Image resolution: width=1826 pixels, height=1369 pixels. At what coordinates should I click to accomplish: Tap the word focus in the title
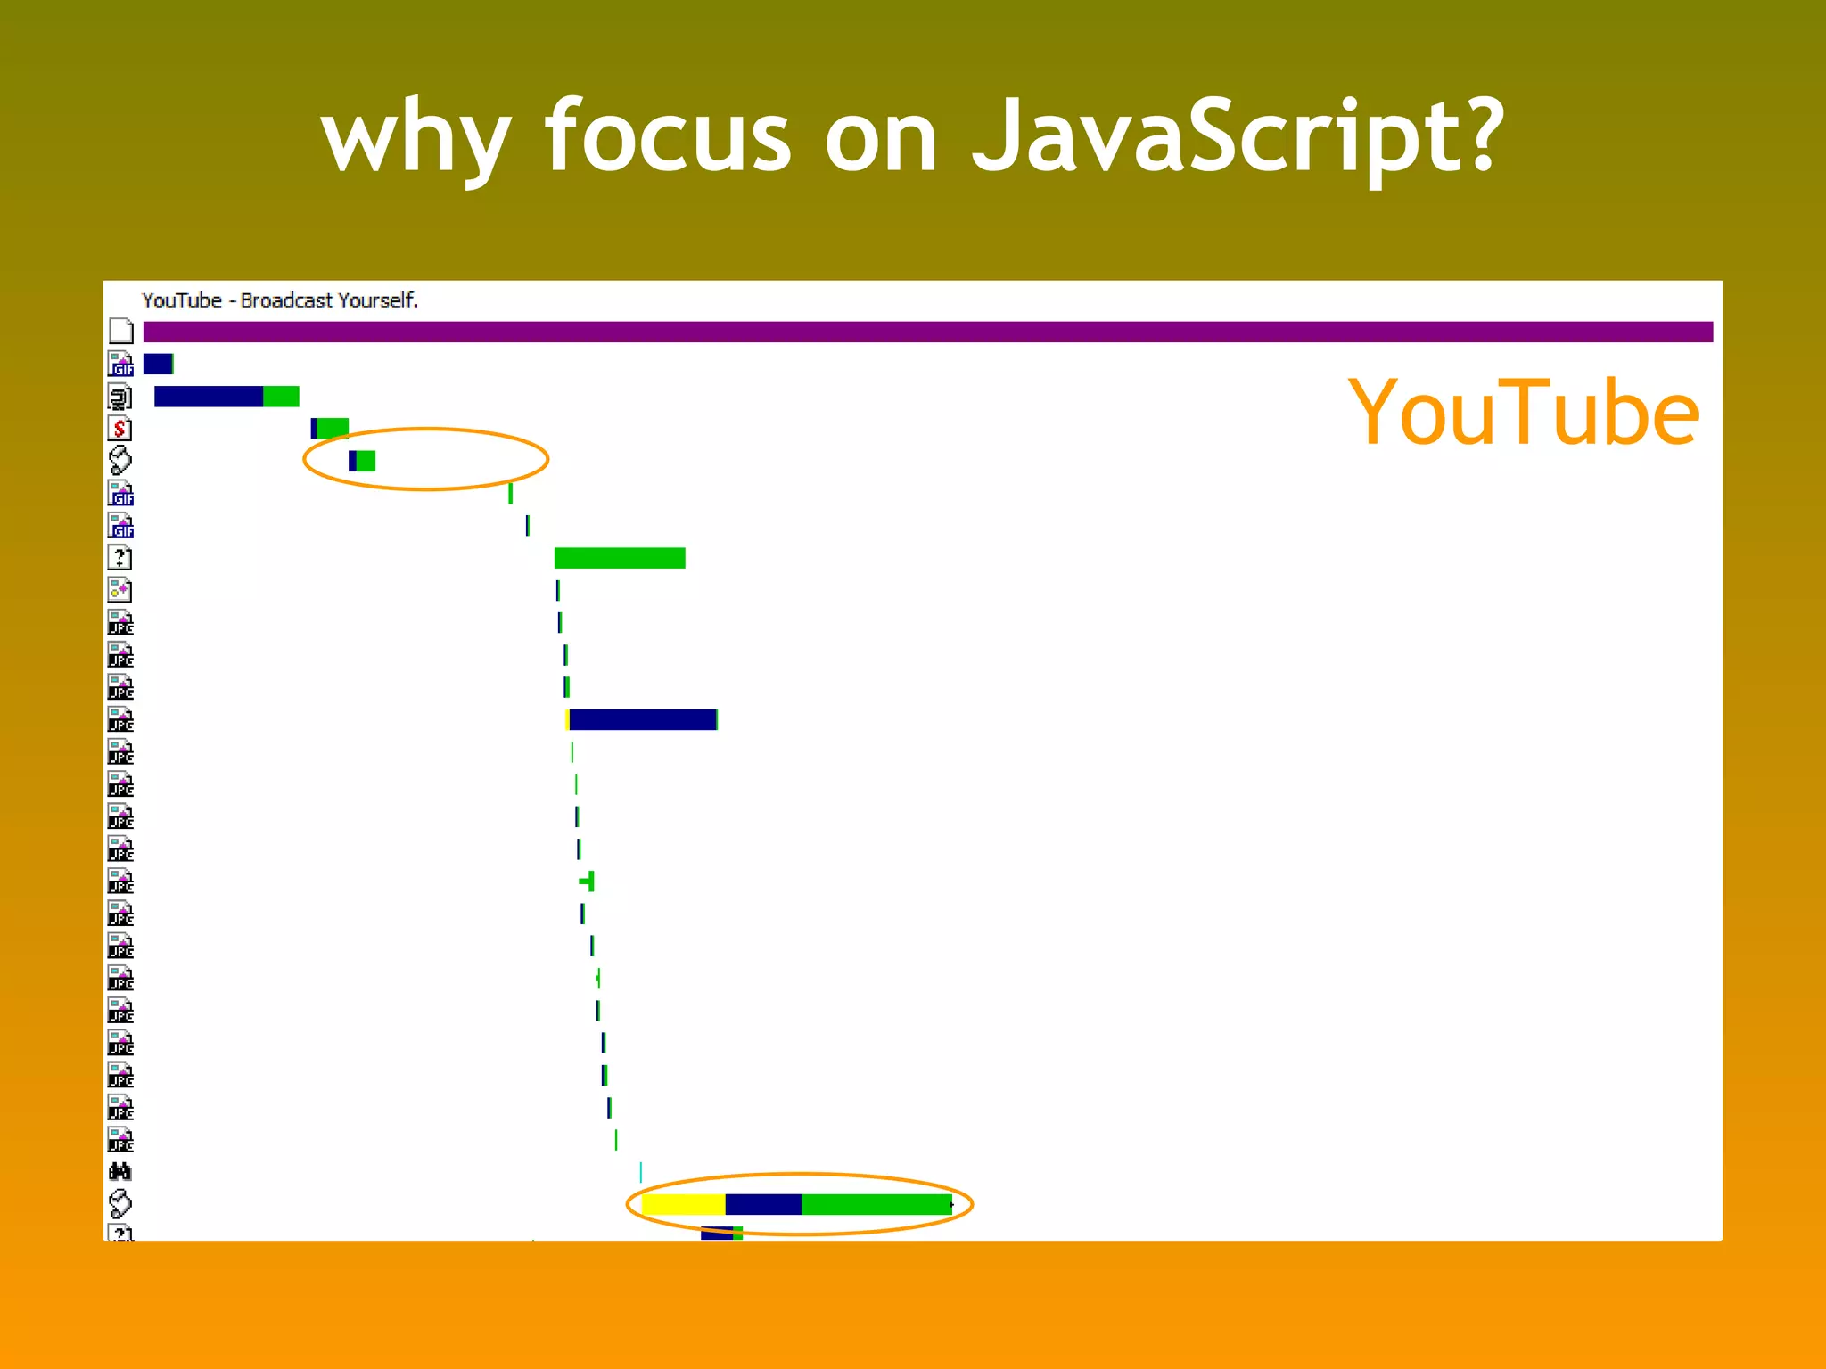[x=668, y=135]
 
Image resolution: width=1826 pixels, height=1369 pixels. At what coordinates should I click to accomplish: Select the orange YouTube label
[x=1522, y=413]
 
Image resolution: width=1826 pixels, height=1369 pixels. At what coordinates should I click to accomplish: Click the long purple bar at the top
[x=927, y=332]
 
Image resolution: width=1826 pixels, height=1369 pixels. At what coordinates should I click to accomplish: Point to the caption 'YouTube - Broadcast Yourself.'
[x=280, y=300]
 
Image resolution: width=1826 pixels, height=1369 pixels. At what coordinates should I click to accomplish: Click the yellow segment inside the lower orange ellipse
[x=683, y=1204]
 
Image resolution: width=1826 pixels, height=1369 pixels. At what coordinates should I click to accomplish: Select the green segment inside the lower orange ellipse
[x=876, y=1204]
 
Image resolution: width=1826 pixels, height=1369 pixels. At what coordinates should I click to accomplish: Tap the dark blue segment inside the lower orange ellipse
[x=763, y=1204]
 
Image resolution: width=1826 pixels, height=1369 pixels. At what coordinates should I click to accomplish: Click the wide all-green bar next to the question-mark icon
[x=620, y=558]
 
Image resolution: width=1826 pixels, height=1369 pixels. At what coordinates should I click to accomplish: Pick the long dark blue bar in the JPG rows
[x=642, y=719]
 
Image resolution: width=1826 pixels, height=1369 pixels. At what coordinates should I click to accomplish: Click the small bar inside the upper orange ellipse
[x=362, y=461]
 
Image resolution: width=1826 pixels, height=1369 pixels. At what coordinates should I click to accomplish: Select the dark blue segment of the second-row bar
[x=209, y=397]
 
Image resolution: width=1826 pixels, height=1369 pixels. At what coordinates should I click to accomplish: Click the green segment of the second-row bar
[x=281, y=397]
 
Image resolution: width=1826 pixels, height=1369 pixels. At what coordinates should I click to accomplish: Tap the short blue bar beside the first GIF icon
[x=158, y=364]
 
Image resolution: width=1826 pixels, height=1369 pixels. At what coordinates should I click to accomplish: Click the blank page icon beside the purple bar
[x=121, y=332]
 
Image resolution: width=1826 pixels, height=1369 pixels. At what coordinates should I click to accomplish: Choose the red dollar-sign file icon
[x=120, y=429]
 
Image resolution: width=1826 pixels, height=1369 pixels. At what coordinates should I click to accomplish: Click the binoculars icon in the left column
[x=120, y=1171]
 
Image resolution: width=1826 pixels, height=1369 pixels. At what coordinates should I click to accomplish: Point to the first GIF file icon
[x=120, y=364]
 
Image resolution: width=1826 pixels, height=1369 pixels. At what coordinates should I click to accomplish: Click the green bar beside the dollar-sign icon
[x=333, y=429]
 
